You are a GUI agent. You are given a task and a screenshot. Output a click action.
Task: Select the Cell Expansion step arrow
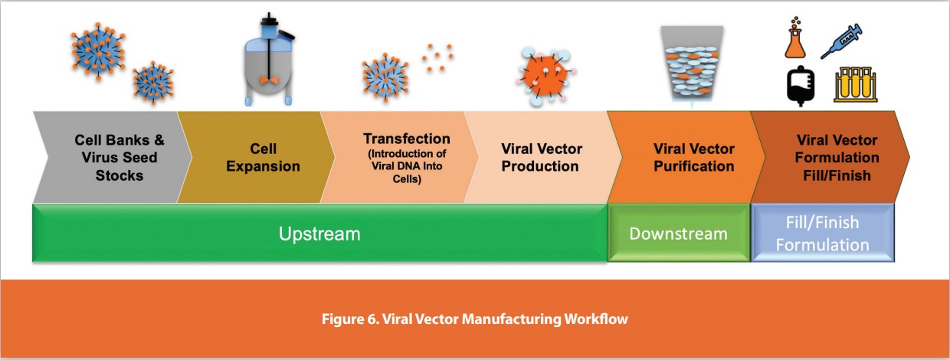(253, 157)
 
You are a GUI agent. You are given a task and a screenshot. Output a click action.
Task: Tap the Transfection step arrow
(398, 157)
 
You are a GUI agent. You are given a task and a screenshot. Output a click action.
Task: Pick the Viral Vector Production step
(541, 157)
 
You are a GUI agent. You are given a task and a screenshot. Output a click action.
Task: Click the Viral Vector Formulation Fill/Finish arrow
(831, 157)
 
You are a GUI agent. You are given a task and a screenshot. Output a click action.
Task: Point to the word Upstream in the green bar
(319, 234)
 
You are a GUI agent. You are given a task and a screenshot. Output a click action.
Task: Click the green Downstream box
(678, 233)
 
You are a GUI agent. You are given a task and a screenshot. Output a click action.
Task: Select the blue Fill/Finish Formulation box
(823, 233)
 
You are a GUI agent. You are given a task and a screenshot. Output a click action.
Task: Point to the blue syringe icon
(841, 40)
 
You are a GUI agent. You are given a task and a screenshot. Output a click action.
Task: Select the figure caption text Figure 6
(474, 319)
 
